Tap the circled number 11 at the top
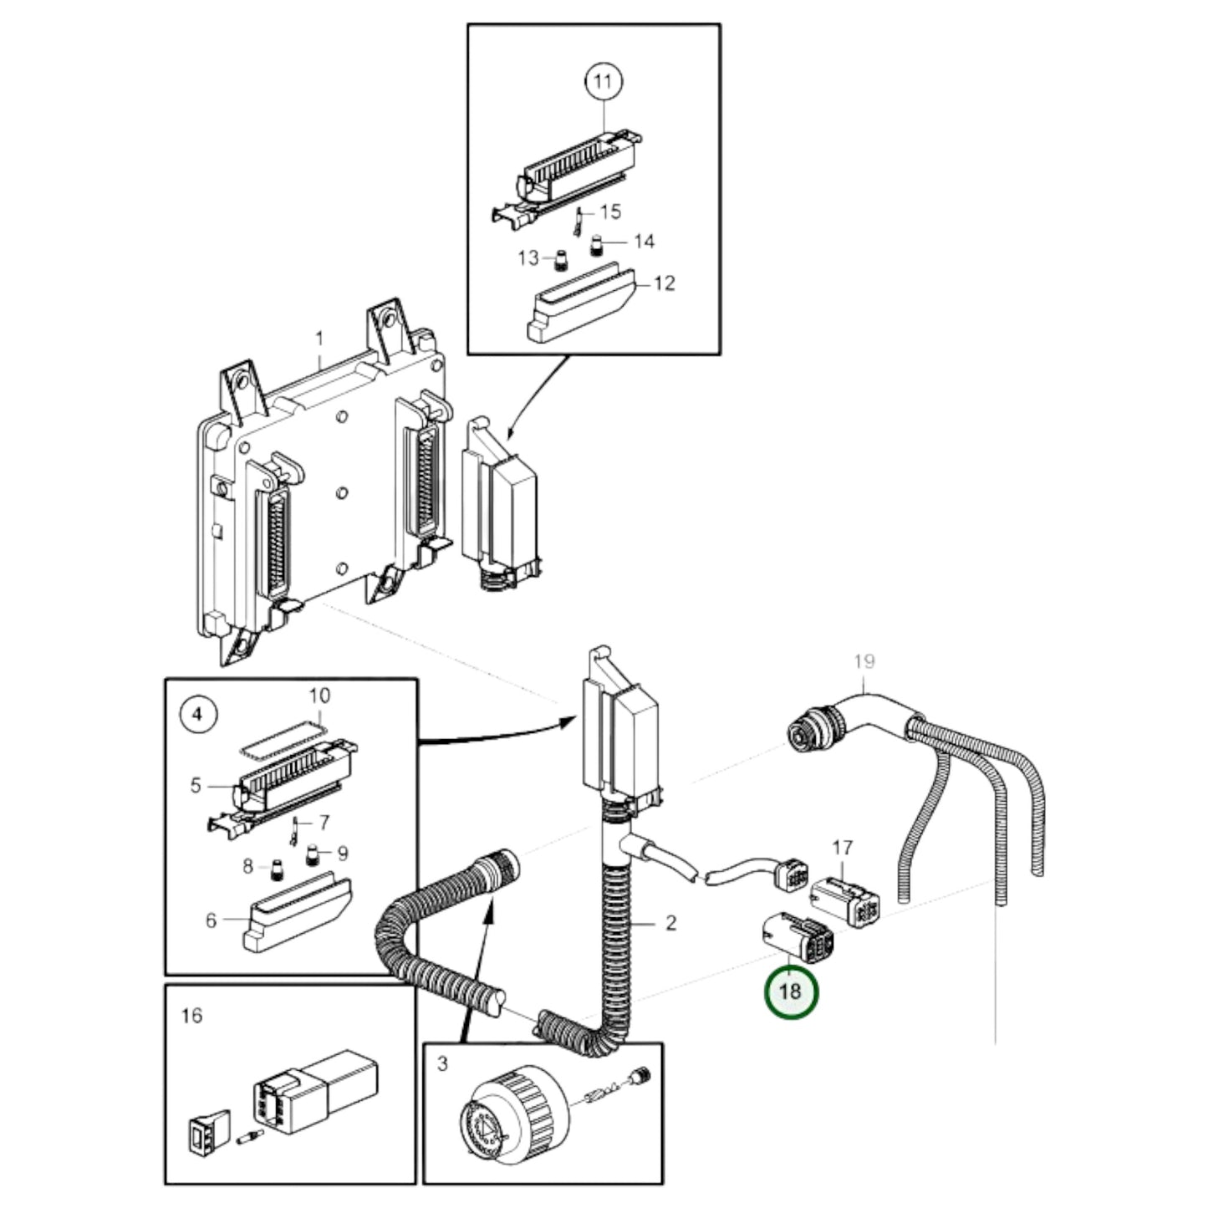pos(603,82)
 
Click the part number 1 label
pos(319,339)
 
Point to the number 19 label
pos(864,661)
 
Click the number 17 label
pos(841,848)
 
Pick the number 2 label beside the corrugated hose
pos(670,923)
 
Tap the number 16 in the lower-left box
pos(191,1015)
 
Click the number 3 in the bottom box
pos(442,1064)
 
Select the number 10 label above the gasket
pos(319,696)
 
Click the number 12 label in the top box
pos(664,283)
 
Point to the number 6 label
pos(211,920)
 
